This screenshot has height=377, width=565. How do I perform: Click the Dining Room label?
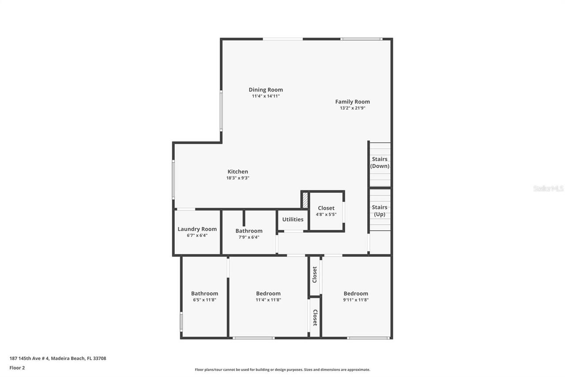click(265, 90)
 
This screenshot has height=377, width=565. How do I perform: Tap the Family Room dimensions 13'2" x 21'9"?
click(352, 108)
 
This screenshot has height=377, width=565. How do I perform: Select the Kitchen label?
click(237, 171)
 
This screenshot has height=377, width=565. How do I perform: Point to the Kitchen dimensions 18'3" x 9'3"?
click(237, 178)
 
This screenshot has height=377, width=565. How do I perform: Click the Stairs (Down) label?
click(380, 163)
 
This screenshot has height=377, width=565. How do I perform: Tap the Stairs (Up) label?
click(380, 211)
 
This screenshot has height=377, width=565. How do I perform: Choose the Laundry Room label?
click(197, 229)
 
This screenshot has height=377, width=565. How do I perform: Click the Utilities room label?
click(293, 220)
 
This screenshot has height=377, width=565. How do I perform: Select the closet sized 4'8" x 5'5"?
click(326, 211)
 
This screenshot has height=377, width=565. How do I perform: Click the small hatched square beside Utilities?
click(305, 200)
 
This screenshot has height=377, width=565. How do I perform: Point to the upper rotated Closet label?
click(315, 274)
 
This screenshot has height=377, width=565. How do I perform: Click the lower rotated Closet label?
click(315, 317)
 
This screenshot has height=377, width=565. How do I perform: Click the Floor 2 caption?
click(17, 368)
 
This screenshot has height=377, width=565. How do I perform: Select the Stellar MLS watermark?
click(548, 188)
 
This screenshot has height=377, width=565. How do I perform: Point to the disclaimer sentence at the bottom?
click(282, 369)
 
